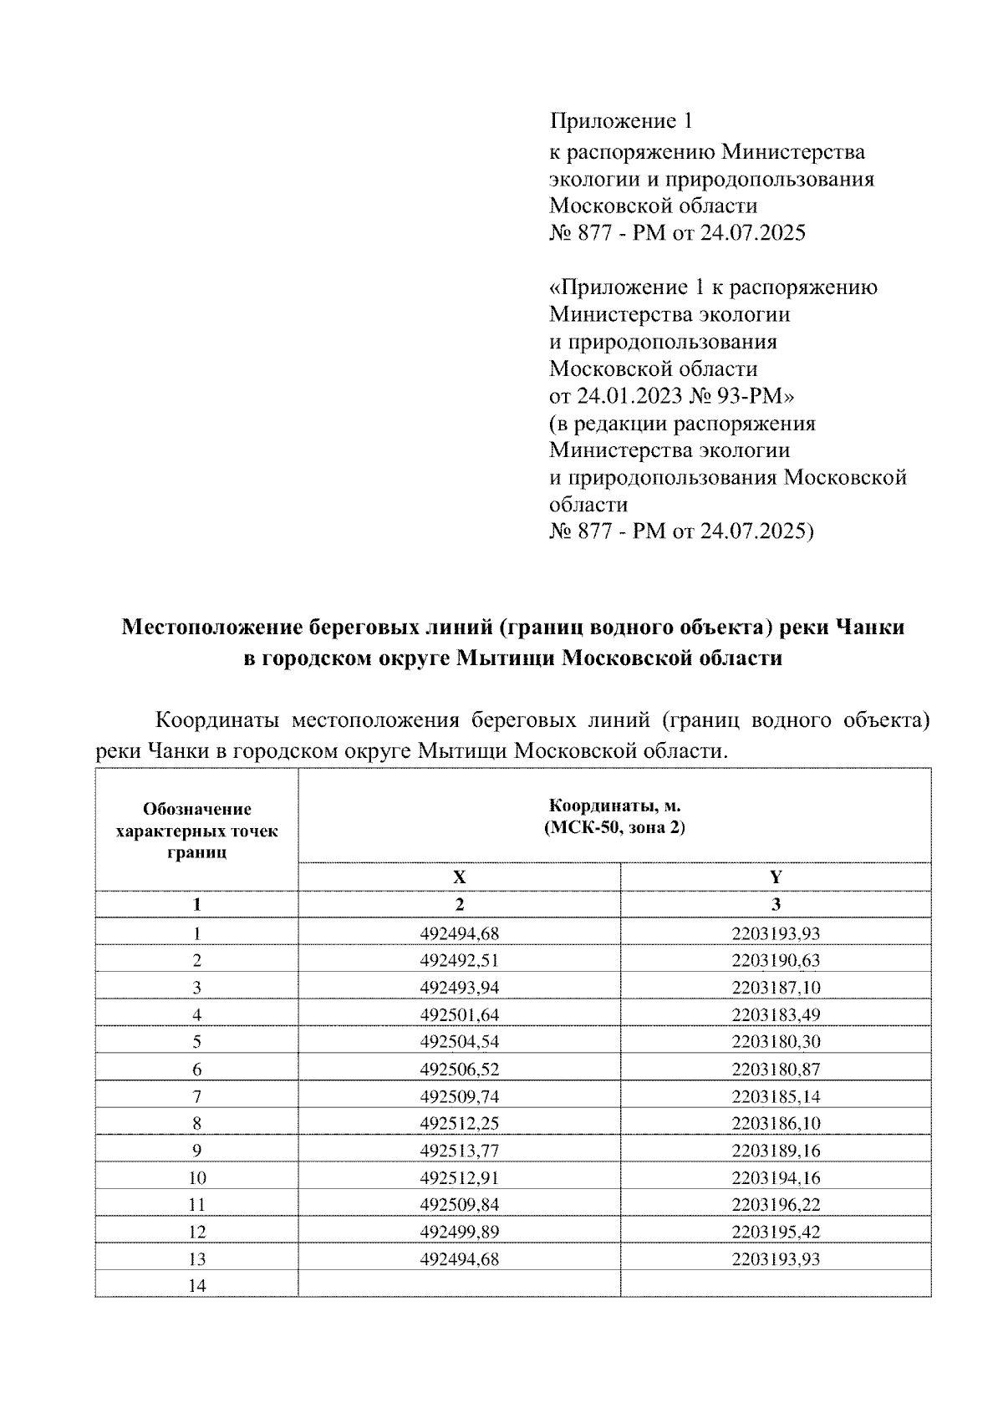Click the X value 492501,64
pos(459,1015)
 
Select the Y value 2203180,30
pos(776,1042)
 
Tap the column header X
pos(459,877)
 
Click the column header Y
pos(776,877)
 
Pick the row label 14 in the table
pos(197,1286)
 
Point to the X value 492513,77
pos(459,1151)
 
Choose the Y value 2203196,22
pos(776,1205)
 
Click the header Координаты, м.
pos(614,806)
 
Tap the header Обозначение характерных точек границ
pos(197,831)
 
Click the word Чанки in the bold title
pos(868,627)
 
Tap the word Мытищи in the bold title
pos(507,658)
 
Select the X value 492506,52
pos(459,1070)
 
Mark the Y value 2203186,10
pos(776,1124)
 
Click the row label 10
pos(197,1178)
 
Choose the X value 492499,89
pos(459,1232)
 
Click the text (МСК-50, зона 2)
pos(614,828)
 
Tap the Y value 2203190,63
pos(776,961)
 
